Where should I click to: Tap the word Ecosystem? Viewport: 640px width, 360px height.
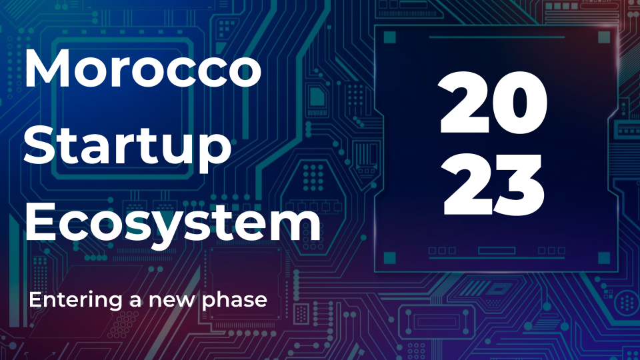(173, 223)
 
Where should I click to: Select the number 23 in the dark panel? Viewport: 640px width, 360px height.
(495, 183)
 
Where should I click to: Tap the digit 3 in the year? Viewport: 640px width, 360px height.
(523, 183)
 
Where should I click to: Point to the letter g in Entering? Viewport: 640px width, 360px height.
(115, 303)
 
